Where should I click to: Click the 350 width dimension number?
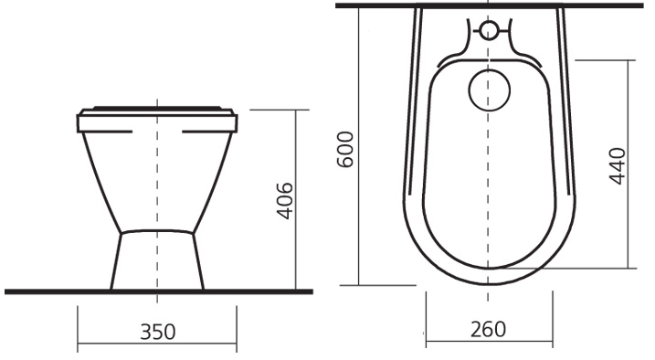click(157, 332)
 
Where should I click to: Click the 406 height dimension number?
click(285, 201)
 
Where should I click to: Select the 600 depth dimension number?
click(345, 149)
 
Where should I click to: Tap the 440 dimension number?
click(618, 165)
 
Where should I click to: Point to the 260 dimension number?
click(488, 329)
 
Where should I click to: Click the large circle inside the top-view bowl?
click(490, 90)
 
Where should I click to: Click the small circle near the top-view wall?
click(489, 30)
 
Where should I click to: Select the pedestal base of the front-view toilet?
click(157, 259)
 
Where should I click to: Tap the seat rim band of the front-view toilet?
click(157, 123)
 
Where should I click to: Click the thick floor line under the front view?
click(159, 291)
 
